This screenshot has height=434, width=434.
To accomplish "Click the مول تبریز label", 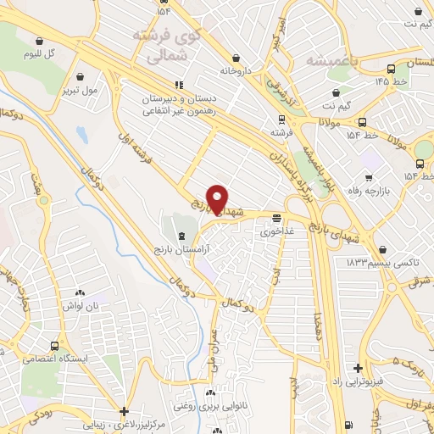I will [x=80, y=89].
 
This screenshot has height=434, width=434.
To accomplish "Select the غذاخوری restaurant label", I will [x=276, y=231].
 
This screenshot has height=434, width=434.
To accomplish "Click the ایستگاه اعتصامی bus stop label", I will [x=80, y=359].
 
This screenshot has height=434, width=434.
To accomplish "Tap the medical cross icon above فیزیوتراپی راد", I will [x=359, y=368].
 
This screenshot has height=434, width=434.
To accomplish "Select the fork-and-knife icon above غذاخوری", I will [x=276, y=217].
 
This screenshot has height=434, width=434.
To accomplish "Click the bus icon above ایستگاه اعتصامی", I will [x=55, y=346].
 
